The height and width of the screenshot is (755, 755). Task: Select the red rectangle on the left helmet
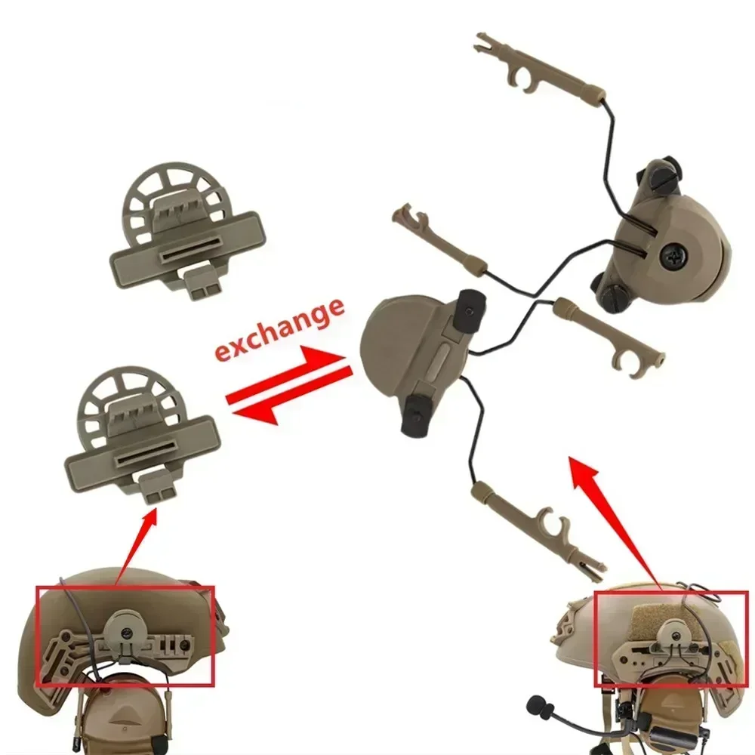coord(125,636)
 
